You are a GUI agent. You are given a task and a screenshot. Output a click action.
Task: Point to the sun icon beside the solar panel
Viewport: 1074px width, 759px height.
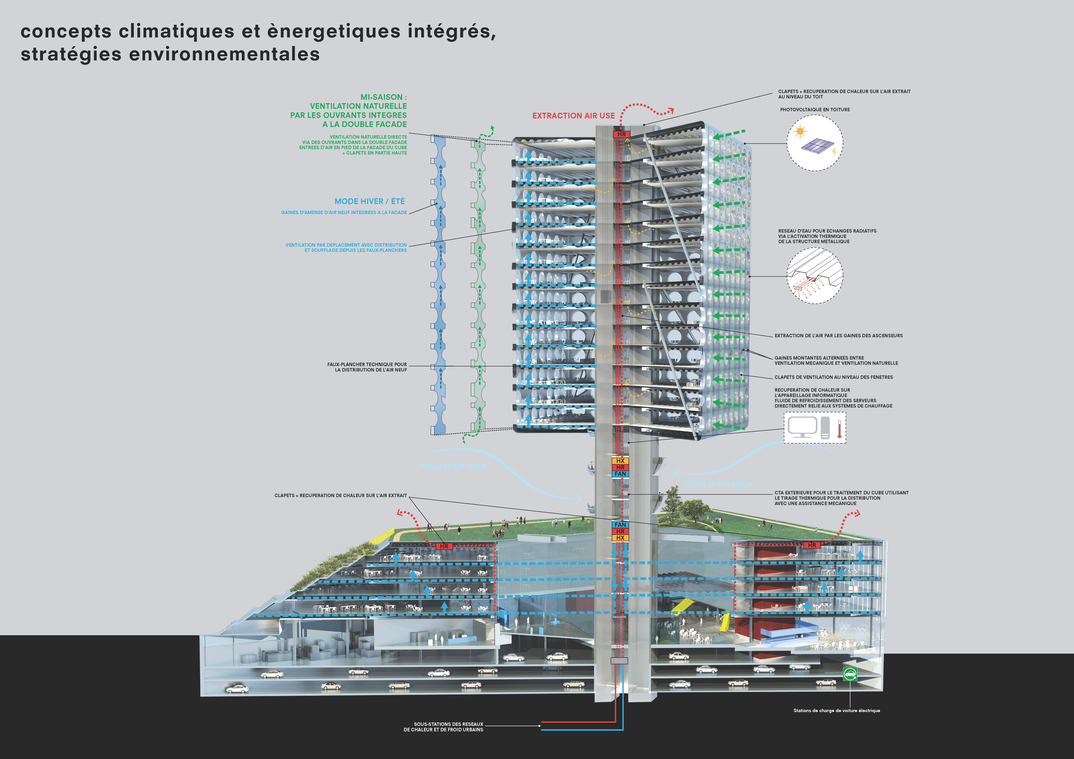coord(800,132)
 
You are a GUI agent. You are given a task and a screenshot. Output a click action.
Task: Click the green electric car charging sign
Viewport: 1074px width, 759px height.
coord(850,674)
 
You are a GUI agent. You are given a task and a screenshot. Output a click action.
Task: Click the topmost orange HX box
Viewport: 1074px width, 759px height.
coord(620,461)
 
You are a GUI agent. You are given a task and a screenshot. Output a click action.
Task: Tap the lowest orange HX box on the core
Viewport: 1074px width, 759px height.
coord(620,538)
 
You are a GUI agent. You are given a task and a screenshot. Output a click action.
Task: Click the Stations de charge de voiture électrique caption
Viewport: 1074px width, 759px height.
coord(836,710)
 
